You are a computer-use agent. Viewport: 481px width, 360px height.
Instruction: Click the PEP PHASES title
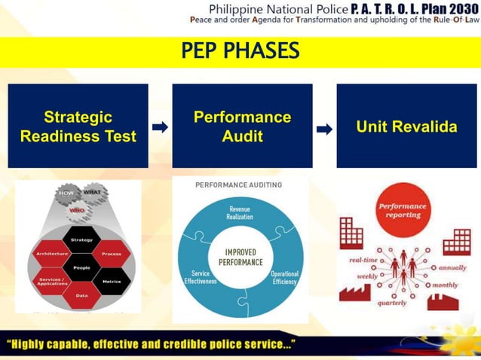click(x=240, y=51)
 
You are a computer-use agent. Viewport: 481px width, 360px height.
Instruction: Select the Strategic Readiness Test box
click(x=78, y=126)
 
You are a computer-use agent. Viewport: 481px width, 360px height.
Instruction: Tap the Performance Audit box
click(x=242, y=126)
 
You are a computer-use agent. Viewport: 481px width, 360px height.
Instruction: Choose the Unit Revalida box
click(x=406, y=126)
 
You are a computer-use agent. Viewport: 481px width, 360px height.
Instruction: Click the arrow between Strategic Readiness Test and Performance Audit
click(x=160, y=127)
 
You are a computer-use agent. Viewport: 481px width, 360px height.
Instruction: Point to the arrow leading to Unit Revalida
click(x=324, y=129)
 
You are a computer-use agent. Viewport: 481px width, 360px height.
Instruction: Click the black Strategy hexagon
click(x=81, y=240)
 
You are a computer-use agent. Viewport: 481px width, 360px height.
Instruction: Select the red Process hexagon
click(x=111, y=255)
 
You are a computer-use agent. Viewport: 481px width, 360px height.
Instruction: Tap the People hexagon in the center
click(x=81, y=267)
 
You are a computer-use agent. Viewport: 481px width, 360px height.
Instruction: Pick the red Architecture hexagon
click(x=52, y=255)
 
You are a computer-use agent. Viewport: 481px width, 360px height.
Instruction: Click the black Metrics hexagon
click(x=111, y=281)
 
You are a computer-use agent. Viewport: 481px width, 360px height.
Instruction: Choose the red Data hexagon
click(x=81, y=295)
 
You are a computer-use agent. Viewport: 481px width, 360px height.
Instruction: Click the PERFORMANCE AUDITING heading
click(x=238, y=185)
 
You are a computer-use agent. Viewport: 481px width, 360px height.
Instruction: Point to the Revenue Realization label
click(x=240, y=212)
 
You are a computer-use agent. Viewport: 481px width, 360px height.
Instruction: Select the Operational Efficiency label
click(x=284, y=277)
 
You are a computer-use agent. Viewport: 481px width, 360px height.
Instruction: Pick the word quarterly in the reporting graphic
click(x=392, y=303)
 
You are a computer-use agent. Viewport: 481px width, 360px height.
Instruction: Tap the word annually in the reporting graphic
click(x=452, y=267)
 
